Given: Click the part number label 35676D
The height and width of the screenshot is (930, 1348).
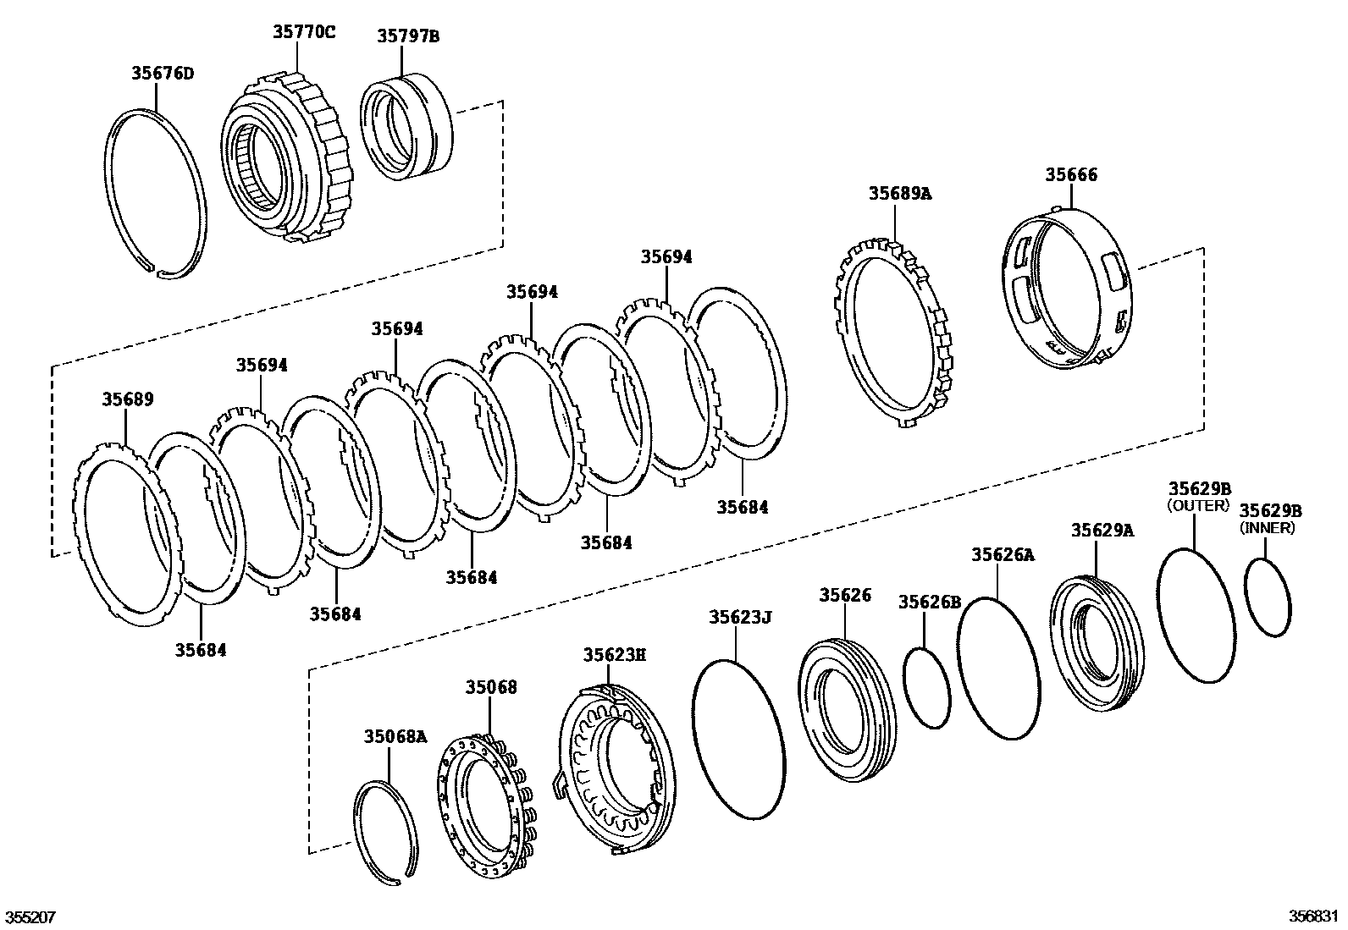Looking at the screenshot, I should point(162,74).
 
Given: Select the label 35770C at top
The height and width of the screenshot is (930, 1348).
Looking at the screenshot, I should point(304,32).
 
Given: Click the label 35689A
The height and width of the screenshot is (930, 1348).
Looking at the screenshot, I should point(899,193).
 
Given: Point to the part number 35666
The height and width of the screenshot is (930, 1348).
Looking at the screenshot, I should point(1070,175).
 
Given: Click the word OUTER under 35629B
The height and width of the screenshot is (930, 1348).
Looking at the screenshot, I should point(1198,505).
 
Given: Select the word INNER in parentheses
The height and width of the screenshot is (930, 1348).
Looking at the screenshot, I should point(1268,528).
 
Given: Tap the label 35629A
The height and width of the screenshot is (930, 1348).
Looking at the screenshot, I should point(1102,531).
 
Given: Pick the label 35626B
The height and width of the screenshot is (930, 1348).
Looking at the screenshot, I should point(930,602).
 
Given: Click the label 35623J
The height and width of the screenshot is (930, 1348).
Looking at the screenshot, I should point(740,618).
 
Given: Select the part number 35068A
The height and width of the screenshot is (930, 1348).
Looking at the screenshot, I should point(395,735).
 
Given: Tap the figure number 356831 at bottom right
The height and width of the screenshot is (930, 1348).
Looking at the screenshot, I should point(1314,916).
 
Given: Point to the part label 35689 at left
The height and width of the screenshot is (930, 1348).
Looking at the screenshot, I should point(128,399).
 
